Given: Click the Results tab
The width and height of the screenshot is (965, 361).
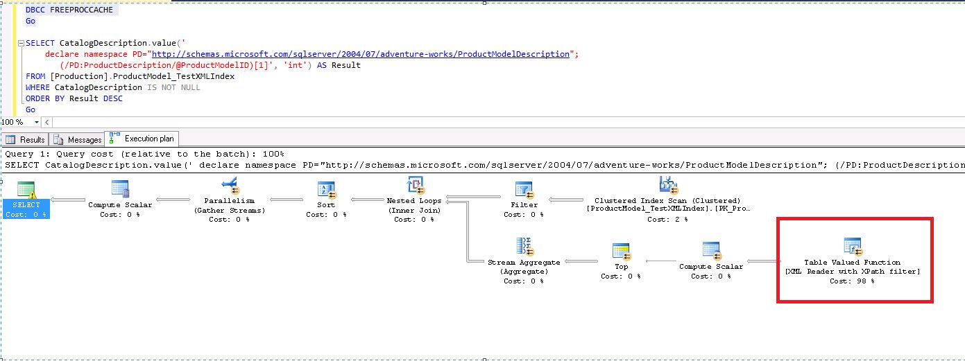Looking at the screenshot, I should click(x=26, y=139).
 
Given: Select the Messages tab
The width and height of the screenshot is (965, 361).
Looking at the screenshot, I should click(x=78, y=139).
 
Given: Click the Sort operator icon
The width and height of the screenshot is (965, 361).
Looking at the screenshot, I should click(x=326, y=189).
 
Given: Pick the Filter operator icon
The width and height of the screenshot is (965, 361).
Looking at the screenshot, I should click(x=524, y=189).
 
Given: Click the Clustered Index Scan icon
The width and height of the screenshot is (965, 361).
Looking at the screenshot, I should click(x=667, y=185).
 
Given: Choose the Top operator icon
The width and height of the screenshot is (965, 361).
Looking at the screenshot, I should click(x=621, y=251).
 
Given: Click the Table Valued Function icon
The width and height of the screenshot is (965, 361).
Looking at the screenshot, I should click(x=852, y=246).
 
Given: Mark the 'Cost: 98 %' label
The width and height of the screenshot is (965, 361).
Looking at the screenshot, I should click(x=852, y=281).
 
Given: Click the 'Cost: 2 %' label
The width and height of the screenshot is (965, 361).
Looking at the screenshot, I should click(x=667, y=219).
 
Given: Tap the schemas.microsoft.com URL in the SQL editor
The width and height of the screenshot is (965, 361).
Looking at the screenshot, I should click(x=361, y=54).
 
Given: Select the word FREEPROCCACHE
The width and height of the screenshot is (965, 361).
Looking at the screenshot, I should click(x=82, y=10).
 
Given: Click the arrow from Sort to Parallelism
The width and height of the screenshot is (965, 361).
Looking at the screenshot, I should click(x=292, y=200).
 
